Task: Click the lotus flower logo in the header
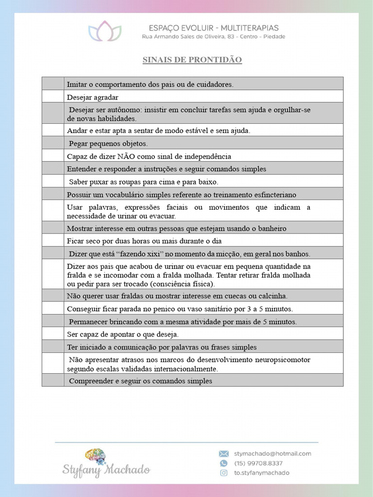coord(105,32)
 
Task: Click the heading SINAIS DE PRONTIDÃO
coord(192,60)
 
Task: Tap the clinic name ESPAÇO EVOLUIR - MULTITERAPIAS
coord(214,28)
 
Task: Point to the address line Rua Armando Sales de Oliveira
coord(214,37)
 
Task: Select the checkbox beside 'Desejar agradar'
coord(53,97)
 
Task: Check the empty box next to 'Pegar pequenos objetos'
coord(53,143)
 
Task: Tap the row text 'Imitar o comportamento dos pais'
coord(150,84)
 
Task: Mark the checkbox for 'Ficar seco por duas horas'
coord(53,241)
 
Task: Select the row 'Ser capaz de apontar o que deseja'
coord(123,334)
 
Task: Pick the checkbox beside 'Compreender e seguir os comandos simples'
coord(53,381)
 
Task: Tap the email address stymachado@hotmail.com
coord(272,453)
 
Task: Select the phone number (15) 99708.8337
coord(258,463)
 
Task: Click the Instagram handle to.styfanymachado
coord(261,473)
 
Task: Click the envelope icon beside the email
coord(223,454)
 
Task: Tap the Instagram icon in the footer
coord(223,473)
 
